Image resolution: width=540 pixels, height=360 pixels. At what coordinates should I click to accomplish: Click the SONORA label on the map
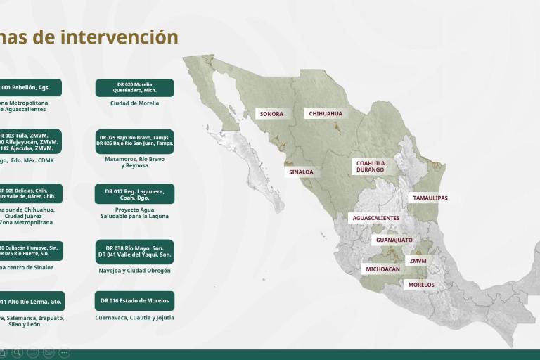coord(271,114)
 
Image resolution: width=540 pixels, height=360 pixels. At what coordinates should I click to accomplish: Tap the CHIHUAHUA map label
coord(325,113)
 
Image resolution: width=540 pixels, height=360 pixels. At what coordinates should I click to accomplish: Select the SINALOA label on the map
coord(302,172)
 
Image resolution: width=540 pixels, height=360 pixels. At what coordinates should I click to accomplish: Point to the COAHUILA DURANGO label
coord(370,166)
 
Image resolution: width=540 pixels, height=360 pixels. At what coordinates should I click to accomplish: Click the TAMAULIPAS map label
coord(430,198)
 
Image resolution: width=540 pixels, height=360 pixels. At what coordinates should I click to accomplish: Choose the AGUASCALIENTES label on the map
coord(375,218)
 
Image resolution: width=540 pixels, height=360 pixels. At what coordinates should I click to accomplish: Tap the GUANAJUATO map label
coord(394,240)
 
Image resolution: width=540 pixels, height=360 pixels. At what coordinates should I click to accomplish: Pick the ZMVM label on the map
coord(418,261)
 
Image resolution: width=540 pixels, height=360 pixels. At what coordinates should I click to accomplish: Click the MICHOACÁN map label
coord(382,269)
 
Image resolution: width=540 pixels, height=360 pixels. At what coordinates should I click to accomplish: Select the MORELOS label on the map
coord(421,285)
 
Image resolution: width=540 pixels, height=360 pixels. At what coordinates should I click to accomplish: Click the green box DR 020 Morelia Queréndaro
coord(135,88)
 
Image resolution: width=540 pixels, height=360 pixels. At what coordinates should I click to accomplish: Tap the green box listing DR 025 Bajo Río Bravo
coord(135,141)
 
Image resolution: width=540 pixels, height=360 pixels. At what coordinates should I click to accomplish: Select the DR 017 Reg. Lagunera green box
coord(135,194)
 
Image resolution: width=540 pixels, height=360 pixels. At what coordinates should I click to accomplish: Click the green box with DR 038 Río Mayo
coord(135,251)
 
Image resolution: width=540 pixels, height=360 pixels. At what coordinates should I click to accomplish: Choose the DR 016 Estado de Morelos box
coord(135,301)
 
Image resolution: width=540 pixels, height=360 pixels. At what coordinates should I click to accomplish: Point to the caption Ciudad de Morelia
coord(135,103)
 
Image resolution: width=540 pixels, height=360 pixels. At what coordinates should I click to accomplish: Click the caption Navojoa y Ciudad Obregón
coord(135,271)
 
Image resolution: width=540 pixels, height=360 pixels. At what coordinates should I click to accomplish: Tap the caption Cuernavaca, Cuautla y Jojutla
coord(135,318)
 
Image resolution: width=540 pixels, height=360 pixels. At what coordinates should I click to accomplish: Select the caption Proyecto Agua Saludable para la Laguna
coord(135,213)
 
